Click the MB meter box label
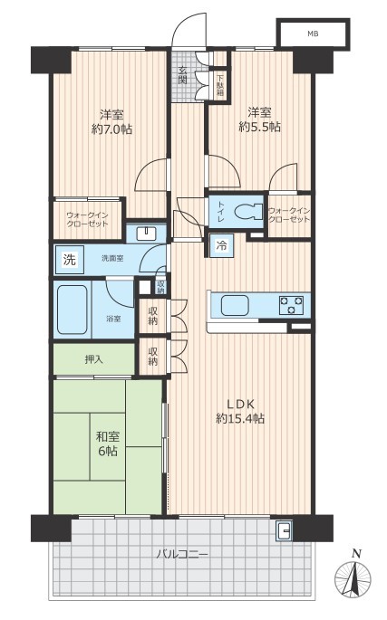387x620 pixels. pos(313,34)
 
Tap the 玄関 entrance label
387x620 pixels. pos(182,75)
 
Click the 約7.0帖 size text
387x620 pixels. pos(112,129)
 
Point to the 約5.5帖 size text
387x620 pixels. pos(260,127)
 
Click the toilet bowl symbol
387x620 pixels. pos(248,212)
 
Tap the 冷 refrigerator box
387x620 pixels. pos(221,245)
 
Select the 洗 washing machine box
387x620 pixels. pos(70,260)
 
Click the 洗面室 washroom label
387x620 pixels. pos(112,259)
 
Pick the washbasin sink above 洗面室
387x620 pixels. pos(146,234)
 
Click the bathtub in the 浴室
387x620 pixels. pos(73,310)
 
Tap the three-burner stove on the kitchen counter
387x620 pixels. pos(292,305)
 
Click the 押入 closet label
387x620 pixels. pos(94,359)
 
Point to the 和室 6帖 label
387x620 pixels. pos(108,444)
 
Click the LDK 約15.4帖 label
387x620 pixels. pos(240,411)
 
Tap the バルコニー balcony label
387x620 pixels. pos(182,554)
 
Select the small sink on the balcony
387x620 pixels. pos(284,530)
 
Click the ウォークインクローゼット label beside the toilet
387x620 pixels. pos(289,215)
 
